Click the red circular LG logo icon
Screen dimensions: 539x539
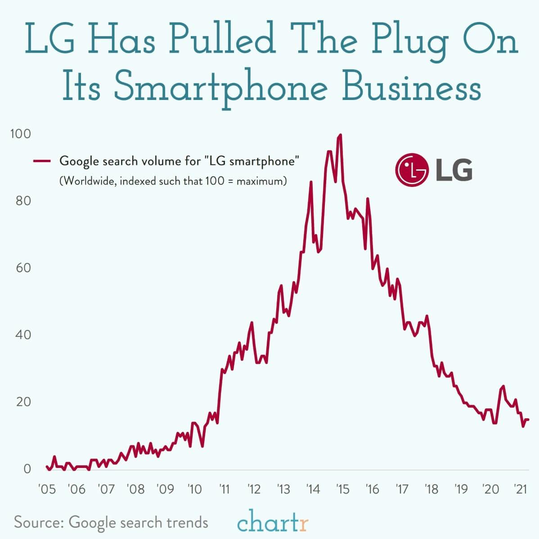click(x=410, y=170)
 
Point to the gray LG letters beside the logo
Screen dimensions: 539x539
click(x=454, y=170)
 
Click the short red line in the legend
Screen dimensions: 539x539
click(x=43, y=161)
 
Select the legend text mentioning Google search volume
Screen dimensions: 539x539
click(x=179, y=161)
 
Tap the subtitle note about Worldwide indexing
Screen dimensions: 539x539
click(x=173, y=181)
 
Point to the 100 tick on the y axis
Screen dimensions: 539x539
click(x=21, y=134)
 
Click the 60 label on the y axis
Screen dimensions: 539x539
click(x=23, y=268)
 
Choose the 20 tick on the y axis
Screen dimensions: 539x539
click(x=23, y=402)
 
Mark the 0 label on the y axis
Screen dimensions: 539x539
click(x=27, y=469)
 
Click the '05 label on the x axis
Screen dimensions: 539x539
click(x=47, y=489)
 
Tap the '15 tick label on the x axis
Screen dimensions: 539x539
click(x=342, y=489)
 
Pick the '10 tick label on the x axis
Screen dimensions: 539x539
click(x=195, y=489)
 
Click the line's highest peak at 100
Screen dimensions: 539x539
click(x=341, y=135)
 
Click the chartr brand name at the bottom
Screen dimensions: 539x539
click(x=273, y=523)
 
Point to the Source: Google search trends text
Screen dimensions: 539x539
click(x=111, y=522)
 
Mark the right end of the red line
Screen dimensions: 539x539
click(x=528, y=419)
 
